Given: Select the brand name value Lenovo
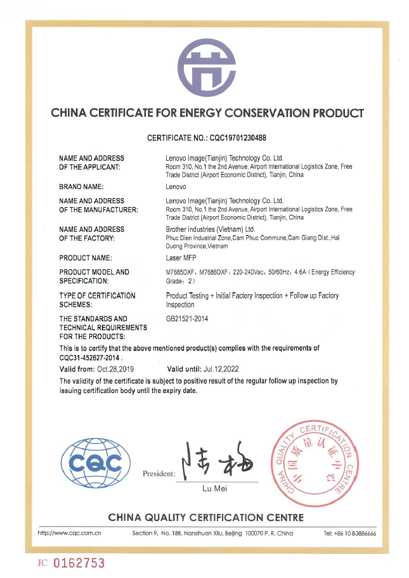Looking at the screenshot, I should [x=176, y=187].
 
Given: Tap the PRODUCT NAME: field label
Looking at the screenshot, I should [x=85, y=258].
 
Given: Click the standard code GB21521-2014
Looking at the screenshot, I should [x=187, y=319].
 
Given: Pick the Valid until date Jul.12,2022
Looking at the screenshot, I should [x=230, y=368].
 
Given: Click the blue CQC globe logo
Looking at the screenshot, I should [x=94, y=463].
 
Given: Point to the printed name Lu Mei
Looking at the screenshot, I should [x=214, y=489].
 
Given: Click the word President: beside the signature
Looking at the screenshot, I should [x=159, y=473].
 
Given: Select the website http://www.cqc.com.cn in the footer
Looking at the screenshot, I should [x=70, y=533].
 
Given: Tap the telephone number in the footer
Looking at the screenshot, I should [x=349, y=533].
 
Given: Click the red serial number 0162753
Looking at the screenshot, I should [x=79, y=562].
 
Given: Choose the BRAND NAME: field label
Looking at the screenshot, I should [x=81, y=187].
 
